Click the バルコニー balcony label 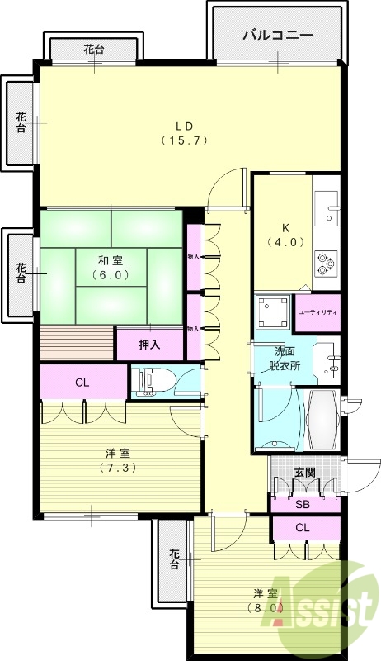click(x=277, y=36)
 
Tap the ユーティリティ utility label click(x=317, y=312)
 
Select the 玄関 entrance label click(x=304, y=473)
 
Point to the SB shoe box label click(x=303, y=503)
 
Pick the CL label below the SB click(x=303, y=527)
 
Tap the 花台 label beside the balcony click(x=93, y=50)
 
